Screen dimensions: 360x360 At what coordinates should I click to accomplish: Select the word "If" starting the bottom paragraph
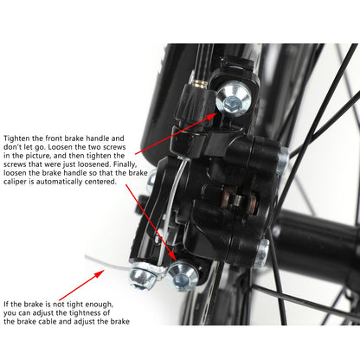[7, 303]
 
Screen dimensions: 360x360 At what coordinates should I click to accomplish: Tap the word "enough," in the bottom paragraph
[100, 303]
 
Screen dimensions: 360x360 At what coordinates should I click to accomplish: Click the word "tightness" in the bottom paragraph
[93, 312]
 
